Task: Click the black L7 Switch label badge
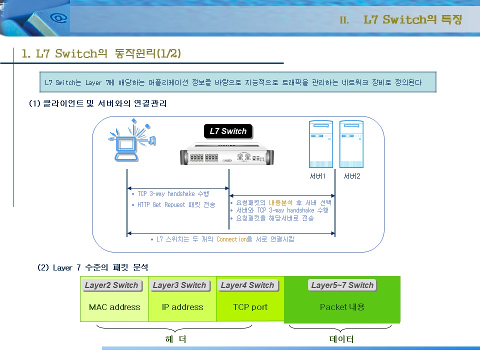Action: click(x=228, y=131)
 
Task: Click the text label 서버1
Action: click(x=318, y=176)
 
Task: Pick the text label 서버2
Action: click(x=352, y=176)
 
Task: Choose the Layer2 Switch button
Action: click(x=111, y=285)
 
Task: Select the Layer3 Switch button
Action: click(x=179, y=285)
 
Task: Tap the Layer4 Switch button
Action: click(x=247, y=285)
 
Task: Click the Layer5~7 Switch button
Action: click(x=342, y=285)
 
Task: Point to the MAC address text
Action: click(x=114, y=307)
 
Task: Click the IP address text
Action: click(x=182, y=307)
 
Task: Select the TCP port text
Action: click(x=250, y=307)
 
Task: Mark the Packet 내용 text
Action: click(x=342, y=307)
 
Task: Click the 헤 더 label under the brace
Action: click(x=175, y=339)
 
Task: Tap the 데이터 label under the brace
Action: click(x=341, y=339)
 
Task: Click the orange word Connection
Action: click(x=231, y=239)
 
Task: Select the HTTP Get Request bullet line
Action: click(x=173, y=205)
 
